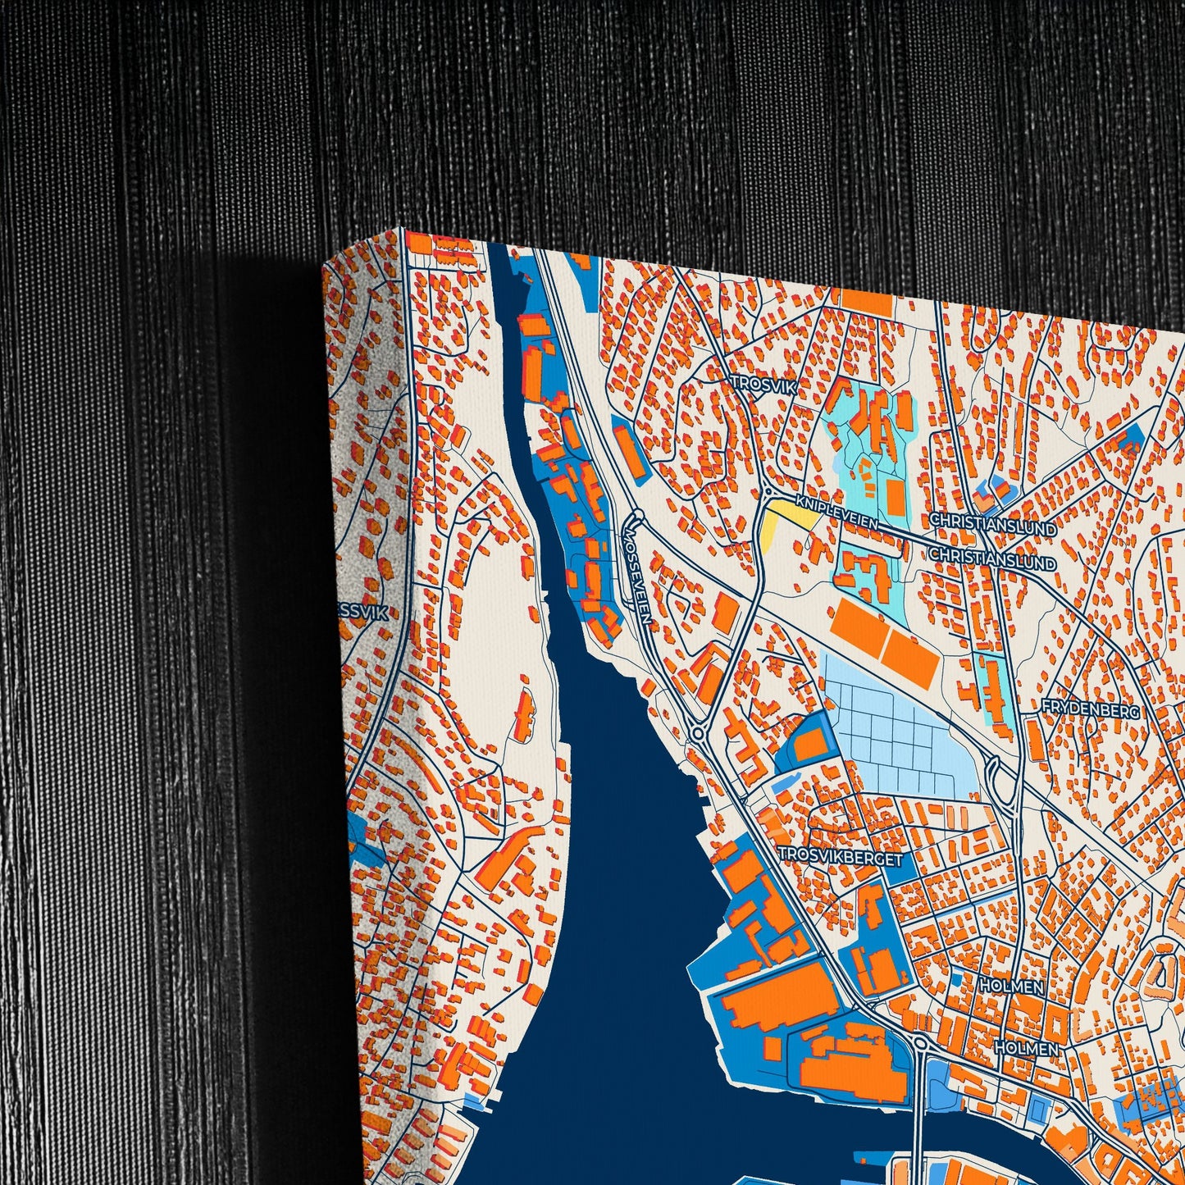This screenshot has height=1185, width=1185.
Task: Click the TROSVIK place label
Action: tap(763, 384)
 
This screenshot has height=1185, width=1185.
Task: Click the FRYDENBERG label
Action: tap(1091, 709)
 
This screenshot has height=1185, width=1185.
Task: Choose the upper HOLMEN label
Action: tap(1012, 987)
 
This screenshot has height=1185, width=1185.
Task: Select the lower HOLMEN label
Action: tap(1026, 1047)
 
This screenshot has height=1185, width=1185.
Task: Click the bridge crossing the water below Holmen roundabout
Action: tap(920, 1123)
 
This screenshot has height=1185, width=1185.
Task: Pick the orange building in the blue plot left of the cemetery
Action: tap(809, 744)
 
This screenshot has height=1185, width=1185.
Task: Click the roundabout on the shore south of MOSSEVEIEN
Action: tap(696, 732)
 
